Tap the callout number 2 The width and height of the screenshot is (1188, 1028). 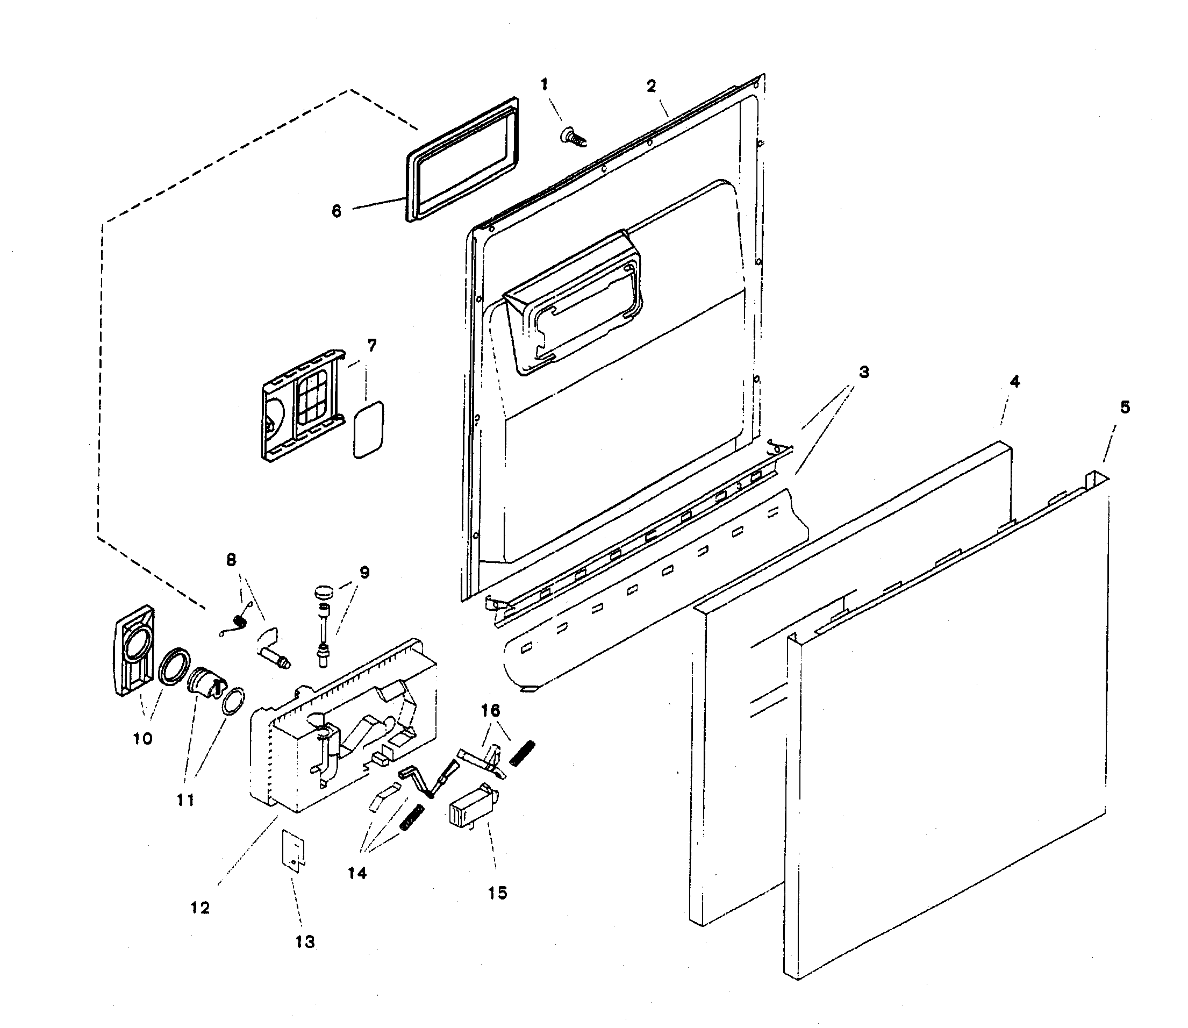tap(651, 86)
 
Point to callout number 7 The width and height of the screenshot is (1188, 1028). tap(371, 345)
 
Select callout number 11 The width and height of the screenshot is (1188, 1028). tap(185, 799)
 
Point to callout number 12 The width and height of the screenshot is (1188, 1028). tap(200, 908)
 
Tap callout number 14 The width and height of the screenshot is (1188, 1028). tap(357, 873)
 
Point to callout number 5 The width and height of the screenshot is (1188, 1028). tap(1125, 408)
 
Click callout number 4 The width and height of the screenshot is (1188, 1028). tap(1015, 382)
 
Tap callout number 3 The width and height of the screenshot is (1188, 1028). tap(864, 372)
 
